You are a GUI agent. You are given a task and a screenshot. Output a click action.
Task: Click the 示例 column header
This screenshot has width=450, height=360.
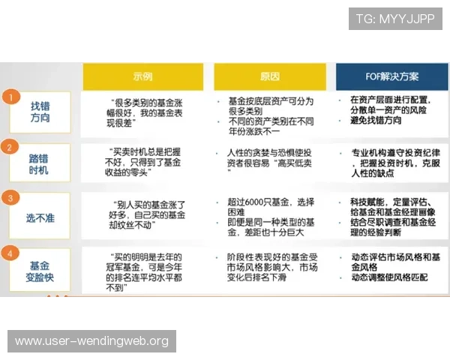point(142,76)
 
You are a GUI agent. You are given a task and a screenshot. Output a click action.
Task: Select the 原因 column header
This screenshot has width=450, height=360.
point(270,76)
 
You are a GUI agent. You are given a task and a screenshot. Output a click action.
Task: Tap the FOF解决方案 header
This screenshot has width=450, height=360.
point(388,76)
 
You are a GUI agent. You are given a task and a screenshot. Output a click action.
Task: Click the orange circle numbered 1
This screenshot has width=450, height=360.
point(10,97)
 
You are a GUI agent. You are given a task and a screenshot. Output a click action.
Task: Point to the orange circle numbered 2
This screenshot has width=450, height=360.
point(10,147)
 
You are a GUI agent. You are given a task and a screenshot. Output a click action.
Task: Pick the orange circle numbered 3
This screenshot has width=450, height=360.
point(10,198)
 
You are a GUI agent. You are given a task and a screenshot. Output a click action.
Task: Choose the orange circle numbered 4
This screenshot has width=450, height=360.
point(10,253)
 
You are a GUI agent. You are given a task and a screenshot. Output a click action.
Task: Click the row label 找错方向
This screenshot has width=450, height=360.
point(40,112)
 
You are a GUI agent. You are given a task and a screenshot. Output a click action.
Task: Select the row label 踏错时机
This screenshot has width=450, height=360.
point(40,163)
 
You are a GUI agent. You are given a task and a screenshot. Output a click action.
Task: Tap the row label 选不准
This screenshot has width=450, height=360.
point(40,217)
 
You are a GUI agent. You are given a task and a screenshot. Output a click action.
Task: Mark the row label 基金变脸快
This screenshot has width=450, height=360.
point(40,271)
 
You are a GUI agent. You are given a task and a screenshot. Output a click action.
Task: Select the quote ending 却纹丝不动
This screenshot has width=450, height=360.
point(142,215)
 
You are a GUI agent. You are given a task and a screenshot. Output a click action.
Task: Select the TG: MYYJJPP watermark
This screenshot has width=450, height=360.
point(395,19)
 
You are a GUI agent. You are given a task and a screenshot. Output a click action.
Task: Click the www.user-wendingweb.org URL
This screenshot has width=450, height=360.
point(92,341)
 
